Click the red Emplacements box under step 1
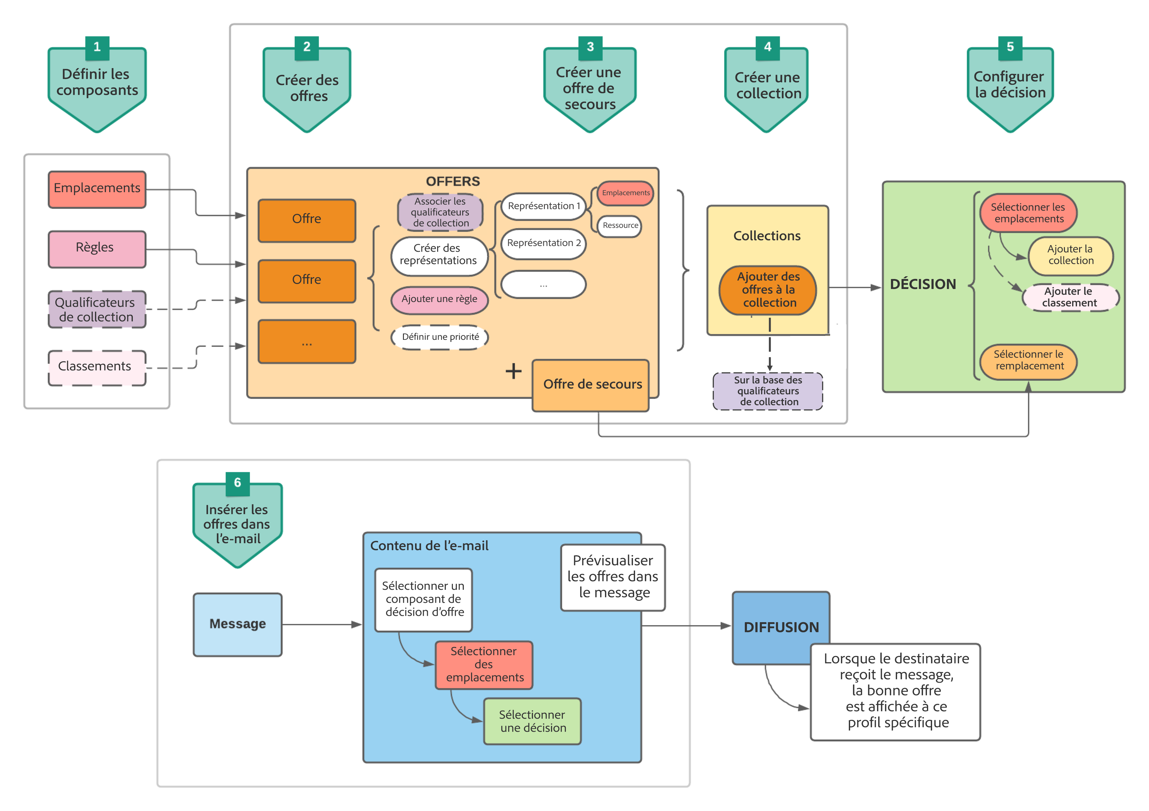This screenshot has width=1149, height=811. (97, 189)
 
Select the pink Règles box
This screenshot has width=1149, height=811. (97, 249)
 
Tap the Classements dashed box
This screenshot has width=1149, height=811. (97, 367)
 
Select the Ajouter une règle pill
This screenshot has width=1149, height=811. (439, 299)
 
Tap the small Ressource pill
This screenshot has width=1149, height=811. (620, 226)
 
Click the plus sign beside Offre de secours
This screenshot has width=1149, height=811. (513, 371)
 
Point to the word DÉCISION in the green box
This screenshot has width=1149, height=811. (922, 284)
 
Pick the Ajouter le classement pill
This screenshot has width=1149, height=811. (1069, 297)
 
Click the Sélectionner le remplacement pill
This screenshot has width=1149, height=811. (1028, 360)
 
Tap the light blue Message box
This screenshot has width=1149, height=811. (238, 624)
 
